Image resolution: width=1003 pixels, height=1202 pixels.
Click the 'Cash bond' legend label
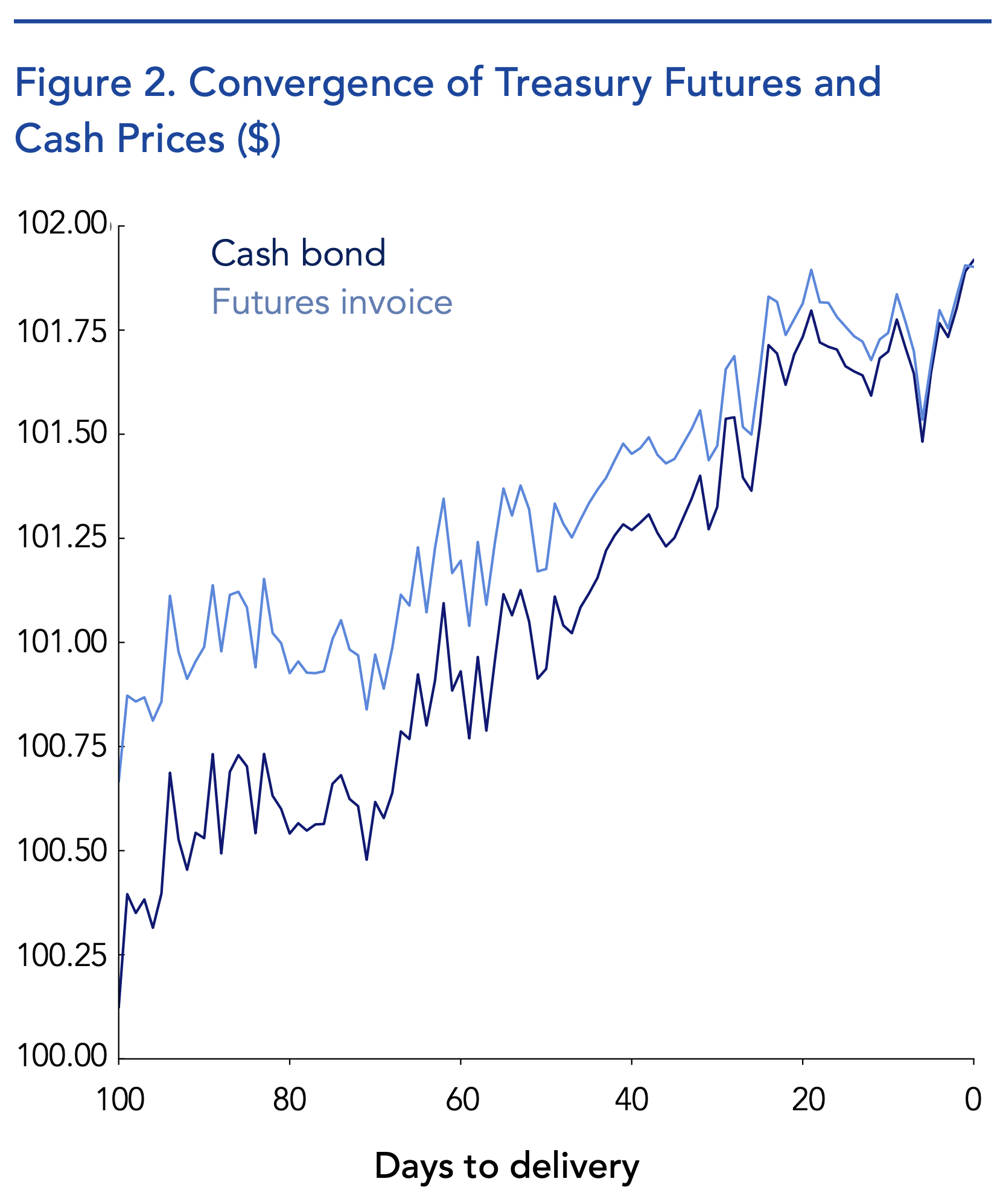298,253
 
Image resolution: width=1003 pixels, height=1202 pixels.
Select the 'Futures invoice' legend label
332,302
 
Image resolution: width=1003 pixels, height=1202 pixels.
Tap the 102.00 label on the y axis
62,224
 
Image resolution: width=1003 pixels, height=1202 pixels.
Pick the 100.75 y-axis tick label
62,746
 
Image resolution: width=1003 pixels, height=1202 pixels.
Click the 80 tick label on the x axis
290,1100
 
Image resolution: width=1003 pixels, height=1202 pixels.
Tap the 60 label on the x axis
462,1100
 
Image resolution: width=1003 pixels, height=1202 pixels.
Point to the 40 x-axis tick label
632,1100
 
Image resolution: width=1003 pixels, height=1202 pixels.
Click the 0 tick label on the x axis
973,1100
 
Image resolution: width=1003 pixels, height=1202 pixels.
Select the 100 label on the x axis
120,1100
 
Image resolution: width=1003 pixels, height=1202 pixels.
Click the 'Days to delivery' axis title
506,1166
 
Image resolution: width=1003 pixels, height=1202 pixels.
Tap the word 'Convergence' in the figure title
311,83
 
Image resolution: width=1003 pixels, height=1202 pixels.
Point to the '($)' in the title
259,138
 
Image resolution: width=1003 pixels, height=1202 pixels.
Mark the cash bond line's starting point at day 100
119,1006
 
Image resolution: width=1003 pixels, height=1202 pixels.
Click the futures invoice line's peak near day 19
811,270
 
